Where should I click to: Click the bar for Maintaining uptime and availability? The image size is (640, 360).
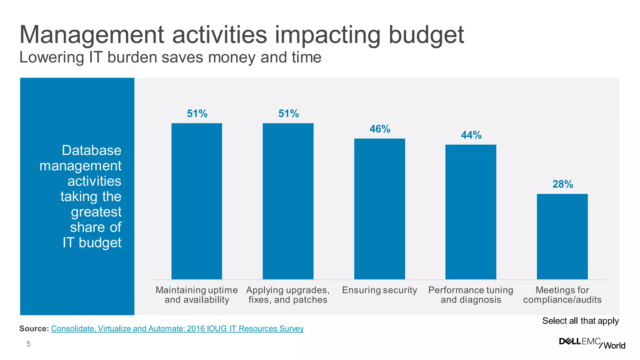coord(197,201)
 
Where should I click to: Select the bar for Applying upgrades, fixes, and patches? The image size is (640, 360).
coord(288,201)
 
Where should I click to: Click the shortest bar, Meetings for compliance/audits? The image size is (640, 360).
coord(562,237)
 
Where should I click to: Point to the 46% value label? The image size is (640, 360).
coord(380,129)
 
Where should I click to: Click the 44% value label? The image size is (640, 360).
coord(471,135)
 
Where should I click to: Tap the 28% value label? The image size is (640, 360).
coord(562,184)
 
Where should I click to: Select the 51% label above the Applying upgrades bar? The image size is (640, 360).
coord(288,113)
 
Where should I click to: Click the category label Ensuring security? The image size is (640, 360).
coord(379,290)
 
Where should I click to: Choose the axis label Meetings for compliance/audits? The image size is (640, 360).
coord(562,295)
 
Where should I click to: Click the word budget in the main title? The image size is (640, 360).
coord(426,35)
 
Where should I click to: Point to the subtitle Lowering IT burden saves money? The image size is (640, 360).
coord(170,57)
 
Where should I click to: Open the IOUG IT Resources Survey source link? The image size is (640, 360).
coord(177,328)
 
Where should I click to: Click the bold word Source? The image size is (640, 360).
coord(34,328)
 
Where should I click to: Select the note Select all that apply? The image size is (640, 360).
coord(580,321)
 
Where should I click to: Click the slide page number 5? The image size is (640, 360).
coord(28,344)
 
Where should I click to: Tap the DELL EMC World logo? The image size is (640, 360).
coord(592,343)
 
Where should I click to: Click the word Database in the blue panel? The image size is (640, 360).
coord(91,150)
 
